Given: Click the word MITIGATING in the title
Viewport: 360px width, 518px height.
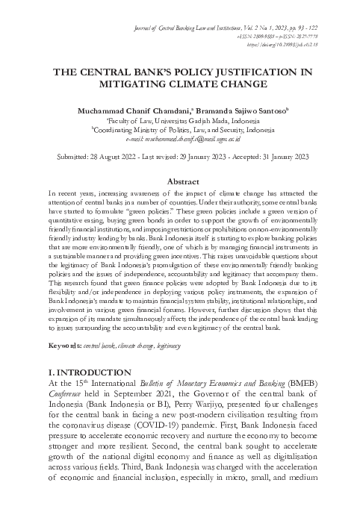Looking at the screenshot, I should [128, 84].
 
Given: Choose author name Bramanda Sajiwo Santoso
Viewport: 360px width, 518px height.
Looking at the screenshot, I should [235, 110].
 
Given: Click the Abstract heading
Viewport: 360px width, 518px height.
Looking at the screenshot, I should [179, 181].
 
